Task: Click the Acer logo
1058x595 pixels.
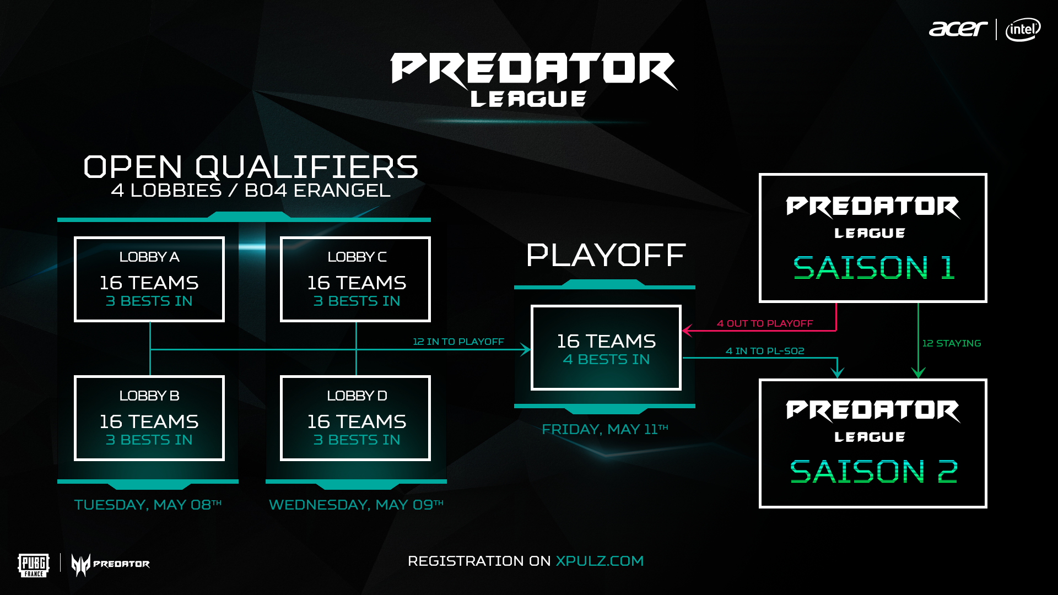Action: [x=958, y=29]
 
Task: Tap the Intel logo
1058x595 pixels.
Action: [x=1023, y=29]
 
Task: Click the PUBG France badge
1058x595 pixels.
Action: [x=34, y=565]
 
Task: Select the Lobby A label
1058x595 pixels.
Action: [x=149, y=257]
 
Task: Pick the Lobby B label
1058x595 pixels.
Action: [x=149, y=396]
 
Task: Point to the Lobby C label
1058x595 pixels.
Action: [x=357, y=257]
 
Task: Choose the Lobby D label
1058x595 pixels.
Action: [x=357, y=396]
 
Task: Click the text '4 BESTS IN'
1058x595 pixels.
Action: [x=606, y=360]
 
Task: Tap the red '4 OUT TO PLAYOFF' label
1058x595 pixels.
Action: [x=765, y=323]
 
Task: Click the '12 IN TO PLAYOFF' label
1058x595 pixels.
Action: [x=458, y=342]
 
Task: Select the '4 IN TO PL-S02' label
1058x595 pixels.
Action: [x=765, y=351]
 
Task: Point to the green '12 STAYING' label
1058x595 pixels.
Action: [x=952, y=343]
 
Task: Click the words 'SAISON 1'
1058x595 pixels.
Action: [x=873, y=268]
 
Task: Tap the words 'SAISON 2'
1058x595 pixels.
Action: [x=873, y=472]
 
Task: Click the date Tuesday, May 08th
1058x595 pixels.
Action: [x=148, y=505]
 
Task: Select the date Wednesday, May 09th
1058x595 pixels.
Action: [x=356, y=505]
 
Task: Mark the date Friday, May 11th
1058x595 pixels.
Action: [x=605, y=429]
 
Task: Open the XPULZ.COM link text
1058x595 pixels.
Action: [x=600, y=561]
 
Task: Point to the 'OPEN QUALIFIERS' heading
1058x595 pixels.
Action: [x=251, y=167]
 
